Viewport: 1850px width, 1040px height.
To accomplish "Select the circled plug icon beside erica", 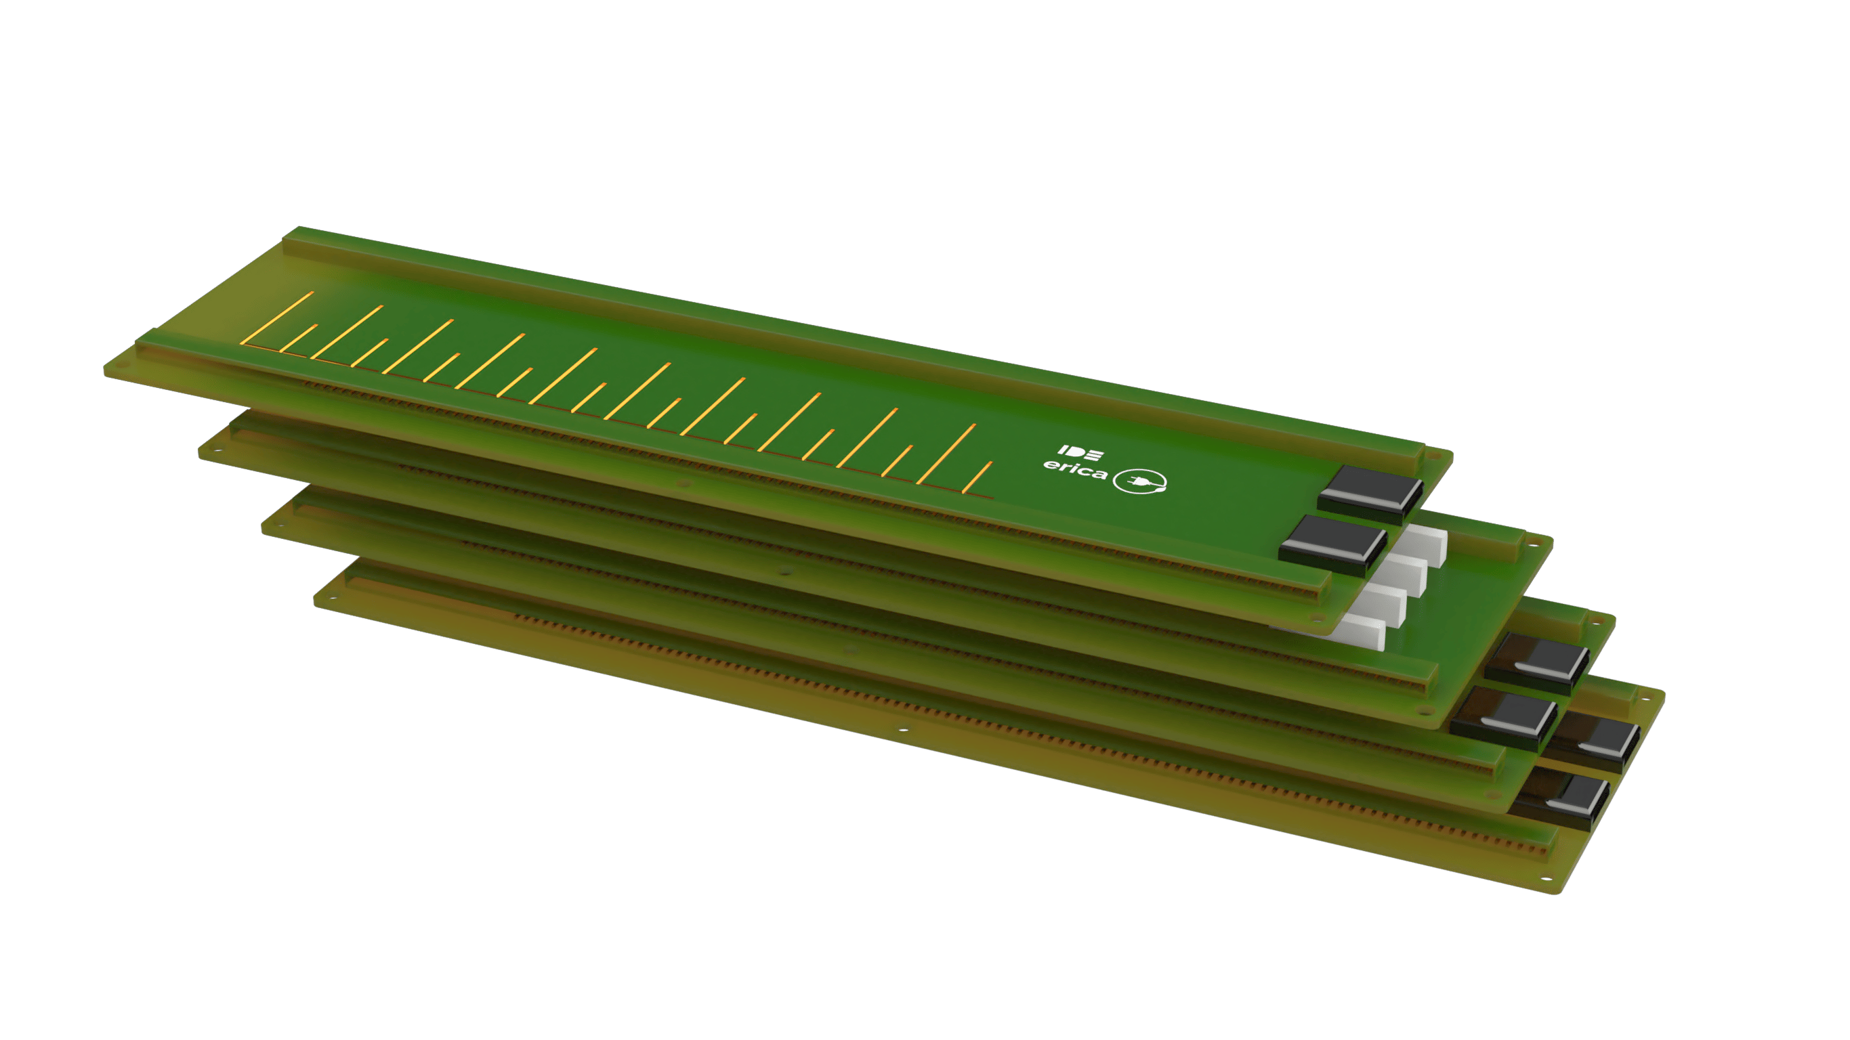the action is coord(1139,481).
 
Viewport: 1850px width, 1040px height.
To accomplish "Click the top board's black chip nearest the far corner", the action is coord(1370,494).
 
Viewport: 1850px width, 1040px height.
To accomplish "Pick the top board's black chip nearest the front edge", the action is coord(1332,546).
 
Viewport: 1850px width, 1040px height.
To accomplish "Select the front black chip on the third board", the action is coord(1503,717).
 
